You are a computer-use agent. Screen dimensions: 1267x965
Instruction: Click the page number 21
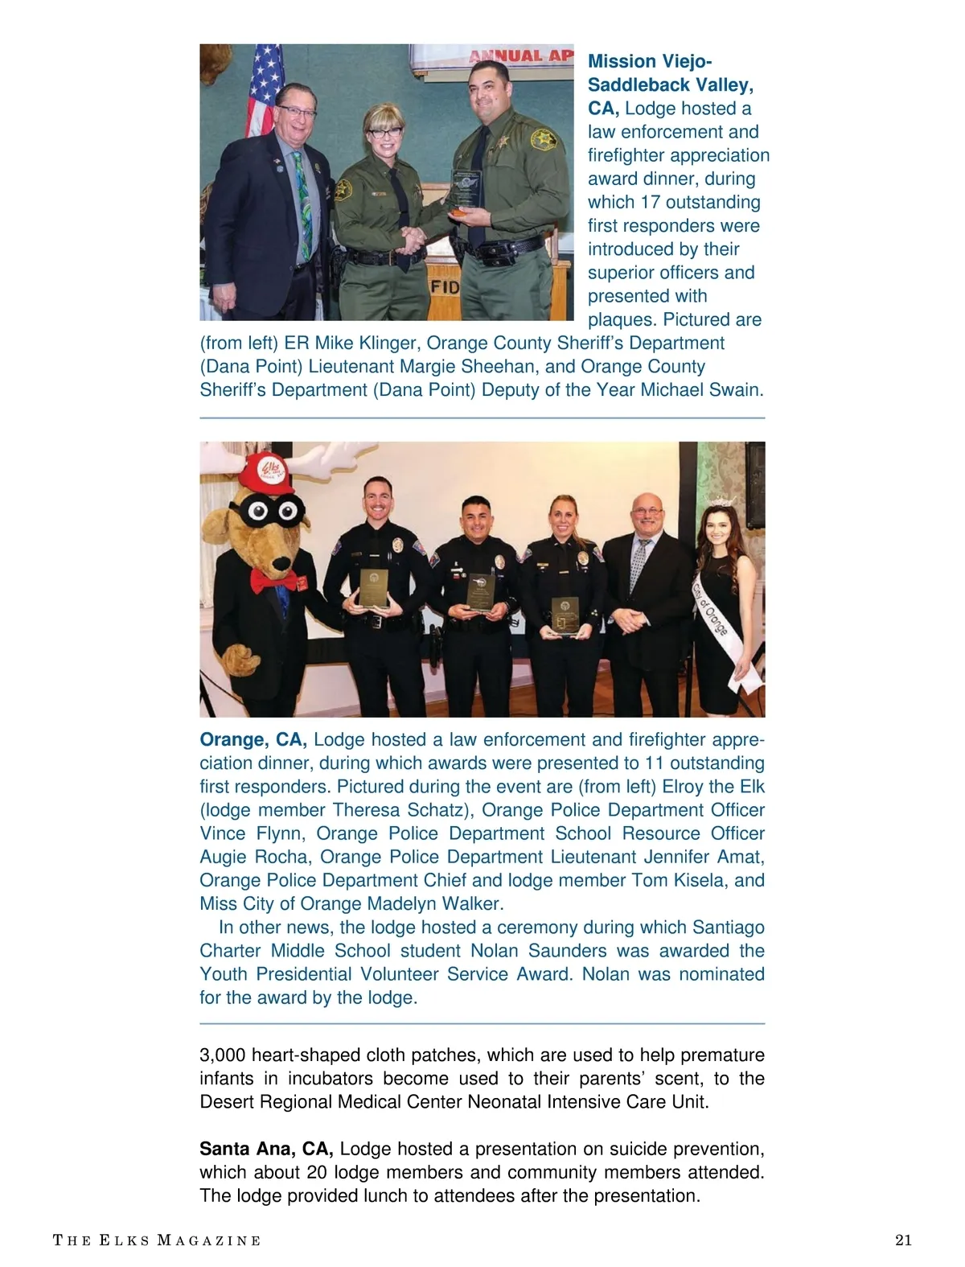coord(903,1240)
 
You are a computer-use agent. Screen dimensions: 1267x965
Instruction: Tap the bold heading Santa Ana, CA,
coord(266,1149)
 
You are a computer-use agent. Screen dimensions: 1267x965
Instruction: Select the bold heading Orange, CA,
coord(253,739)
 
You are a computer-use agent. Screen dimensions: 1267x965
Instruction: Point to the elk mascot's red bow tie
coord(268,578)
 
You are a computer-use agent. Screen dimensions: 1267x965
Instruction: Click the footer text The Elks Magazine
coord(157,1240)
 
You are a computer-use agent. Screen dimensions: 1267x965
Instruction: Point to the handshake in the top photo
coord(415,239)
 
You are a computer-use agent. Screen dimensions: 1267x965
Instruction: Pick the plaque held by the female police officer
coord(565,616)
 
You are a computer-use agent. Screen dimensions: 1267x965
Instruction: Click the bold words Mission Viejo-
coord(650,61)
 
